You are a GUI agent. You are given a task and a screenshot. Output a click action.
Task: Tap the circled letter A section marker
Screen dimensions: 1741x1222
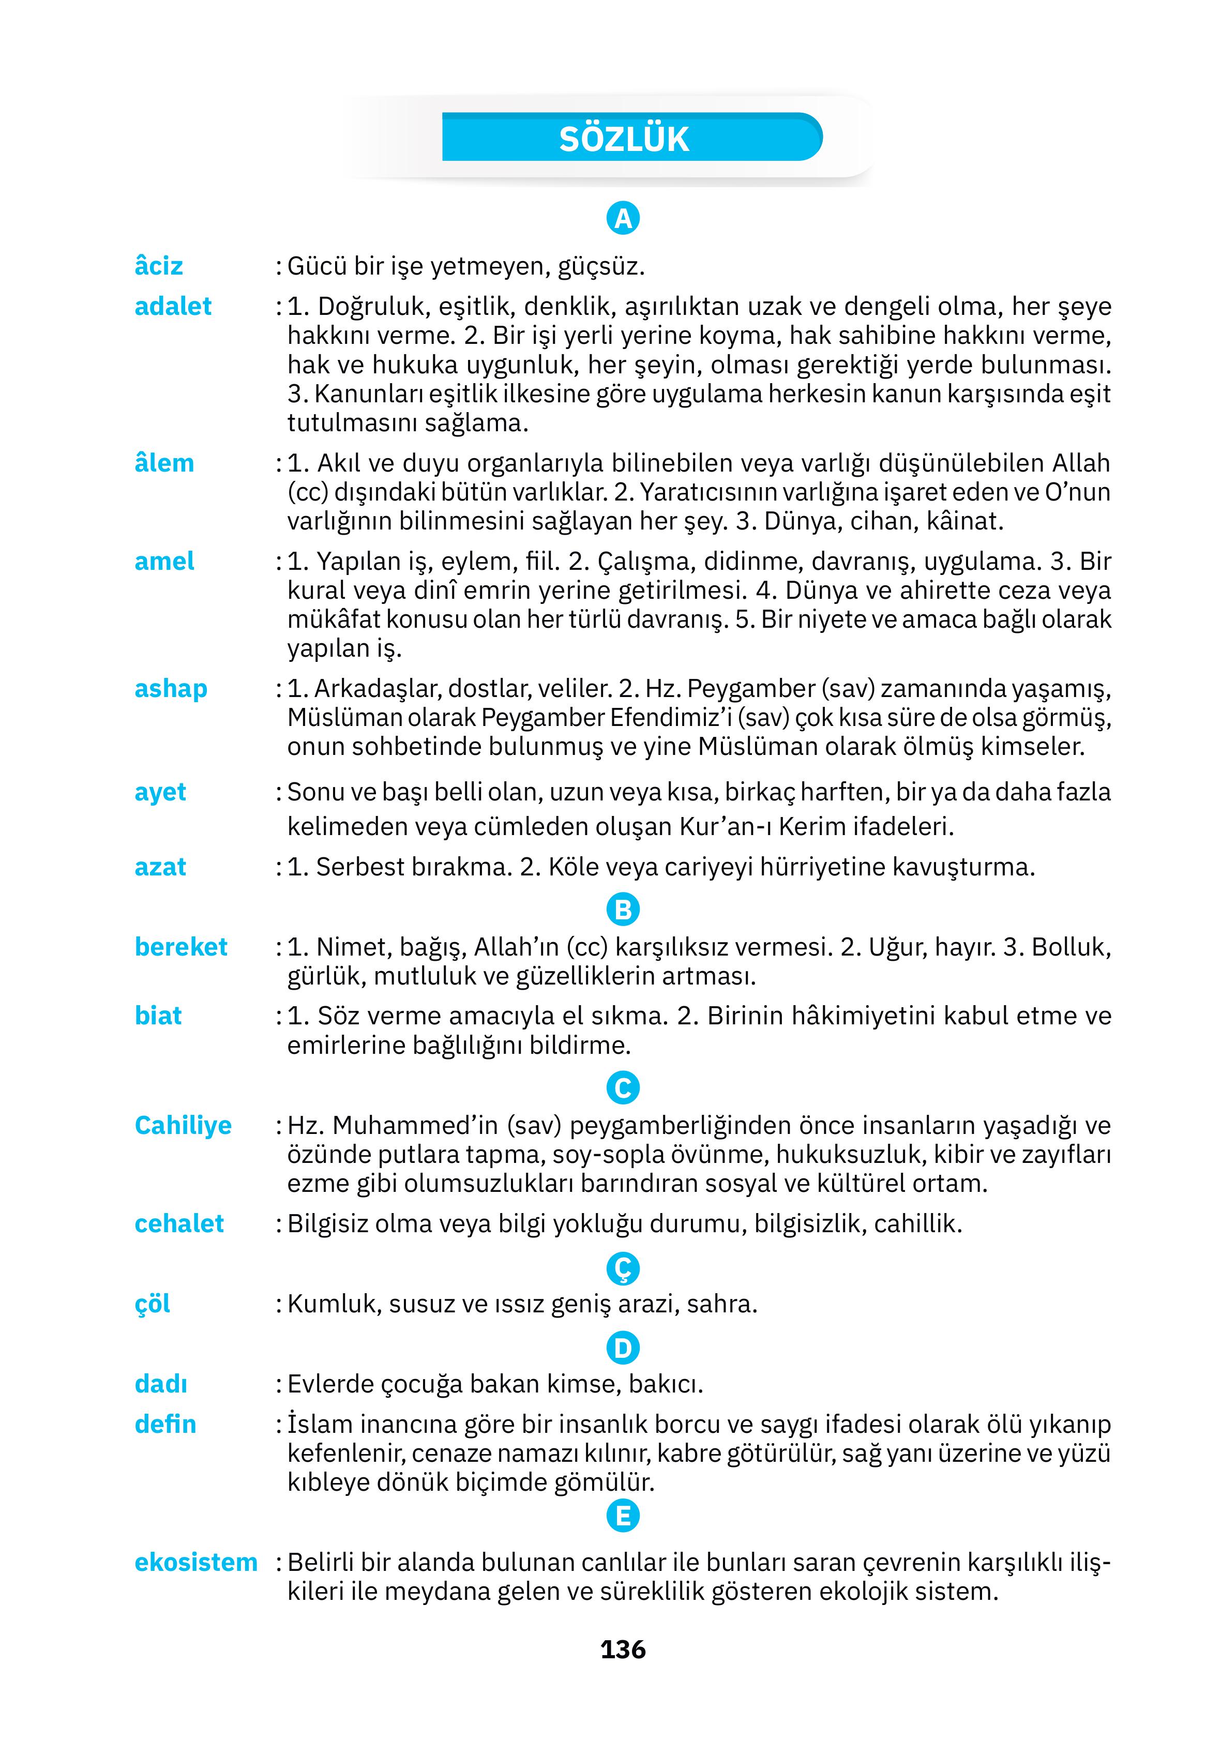tap(623, 218)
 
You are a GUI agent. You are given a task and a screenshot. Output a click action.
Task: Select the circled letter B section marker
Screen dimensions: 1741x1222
tap(623, 909)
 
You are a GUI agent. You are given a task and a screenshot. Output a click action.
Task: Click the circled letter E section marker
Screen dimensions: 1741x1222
tap(623, 1516)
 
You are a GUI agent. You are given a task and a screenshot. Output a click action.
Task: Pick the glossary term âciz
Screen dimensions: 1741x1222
tap(159, 266)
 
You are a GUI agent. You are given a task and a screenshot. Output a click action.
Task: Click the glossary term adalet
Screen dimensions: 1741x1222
tap(173, 306)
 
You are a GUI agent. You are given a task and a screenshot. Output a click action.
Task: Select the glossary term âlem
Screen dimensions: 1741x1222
tap(164, 463)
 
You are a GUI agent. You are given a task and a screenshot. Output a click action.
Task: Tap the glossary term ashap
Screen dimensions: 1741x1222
tap(171, 689)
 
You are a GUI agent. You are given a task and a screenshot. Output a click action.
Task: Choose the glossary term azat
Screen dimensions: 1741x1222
tap(160, 867)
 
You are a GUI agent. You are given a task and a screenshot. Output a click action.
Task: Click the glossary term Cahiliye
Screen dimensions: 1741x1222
tap(183, 1125)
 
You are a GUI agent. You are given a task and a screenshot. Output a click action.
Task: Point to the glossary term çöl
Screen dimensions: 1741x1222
tap(153, 1304)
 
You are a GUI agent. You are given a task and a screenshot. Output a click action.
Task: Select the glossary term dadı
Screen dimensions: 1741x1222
tap(161, 1384)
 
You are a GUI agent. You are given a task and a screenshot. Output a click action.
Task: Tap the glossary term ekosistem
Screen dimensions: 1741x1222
tap(195, 1562)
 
